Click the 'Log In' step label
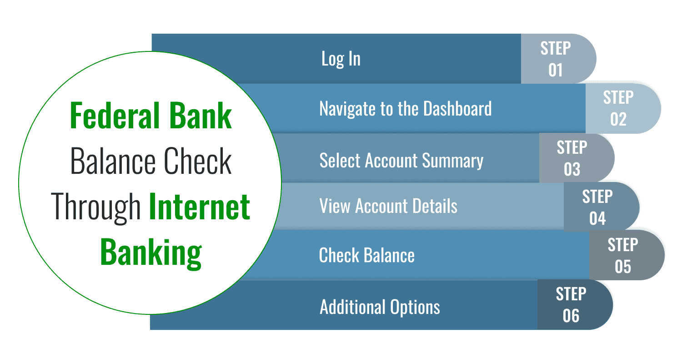click(x=341, y=59)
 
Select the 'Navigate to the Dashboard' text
click(x=405, y=109)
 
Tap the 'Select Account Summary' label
click(x=401, y=161)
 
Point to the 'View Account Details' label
click(x=388, y=206)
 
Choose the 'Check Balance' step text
click(x=366, y=255)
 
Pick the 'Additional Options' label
click(x=380, y=307)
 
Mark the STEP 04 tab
click(x=598, y=207)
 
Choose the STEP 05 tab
click(x=623, y=255)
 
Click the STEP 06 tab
click(x=572, y=305)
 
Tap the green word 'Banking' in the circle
click(x=150, y=253)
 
